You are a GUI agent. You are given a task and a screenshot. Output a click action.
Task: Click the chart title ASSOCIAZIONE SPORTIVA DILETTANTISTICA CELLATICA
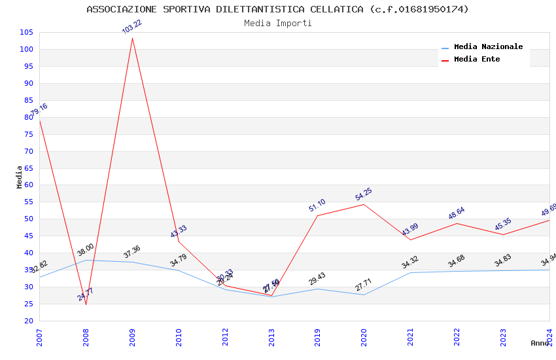click(277, 9)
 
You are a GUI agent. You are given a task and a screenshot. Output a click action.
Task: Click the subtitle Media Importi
click(277, 23)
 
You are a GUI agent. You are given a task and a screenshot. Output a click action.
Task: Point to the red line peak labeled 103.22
click(132, 38)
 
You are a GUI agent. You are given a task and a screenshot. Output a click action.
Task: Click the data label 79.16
click(39, 111)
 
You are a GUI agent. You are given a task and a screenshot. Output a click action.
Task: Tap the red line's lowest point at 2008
click(86, 304)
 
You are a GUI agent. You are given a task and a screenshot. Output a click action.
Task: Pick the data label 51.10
click(317, 205)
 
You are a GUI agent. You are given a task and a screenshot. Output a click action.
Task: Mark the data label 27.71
click(364, 284)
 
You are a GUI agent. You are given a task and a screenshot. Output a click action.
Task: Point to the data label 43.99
click(410, 230)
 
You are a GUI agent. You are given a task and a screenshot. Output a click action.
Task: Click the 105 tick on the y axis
click(27, 32)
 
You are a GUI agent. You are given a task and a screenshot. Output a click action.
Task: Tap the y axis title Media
click(20, 177)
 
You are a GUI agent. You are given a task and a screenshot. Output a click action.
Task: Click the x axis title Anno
click(540, 343)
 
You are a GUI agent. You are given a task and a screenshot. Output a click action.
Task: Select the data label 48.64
click(457, 213)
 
